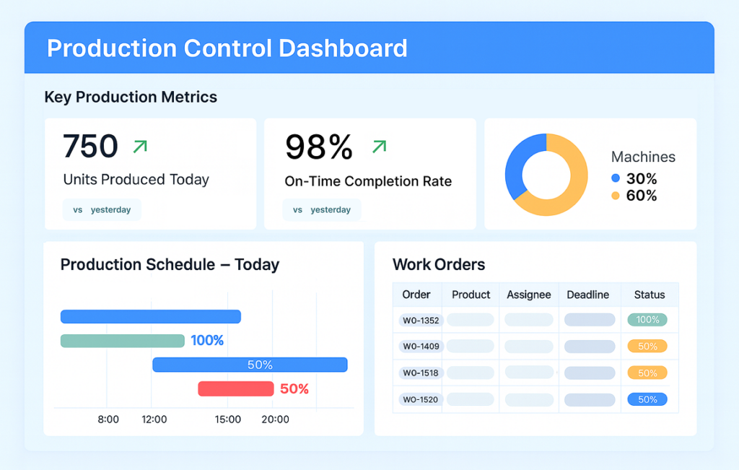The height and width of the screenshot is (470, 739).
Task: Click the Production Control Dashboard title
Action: click(x=227, y=48)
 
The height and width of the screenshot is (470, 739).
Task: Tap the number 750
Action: click(x=90, y=147)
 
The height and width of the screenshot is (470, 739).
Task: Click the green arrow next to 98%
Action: click(x=379, y=147)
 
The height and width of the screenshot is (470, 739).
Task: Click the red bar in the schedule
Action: click(x=236, y=389)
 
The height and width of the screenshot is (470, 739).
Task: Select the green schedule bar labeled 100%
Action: click(x=122, y=341)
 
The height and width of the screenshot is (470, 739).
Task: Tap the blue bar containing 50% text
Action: click(x=250, y=365)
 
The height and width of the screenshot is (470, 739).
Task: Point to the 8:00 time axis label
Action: click(x=108, y=419)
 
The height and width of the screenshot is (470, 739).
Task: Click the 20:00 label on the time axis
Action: click(x=274, y=419)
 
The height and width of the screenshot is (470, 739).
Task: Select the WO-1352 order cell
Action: click(x=421, y=320)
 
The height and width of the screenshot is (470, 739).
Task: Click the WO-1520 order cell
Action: click(x=421, y=399)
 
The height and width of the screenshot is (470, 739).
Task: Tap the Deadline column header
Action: click(x=587, y=295)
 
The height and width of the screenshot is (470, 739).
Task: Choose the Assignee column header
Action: click(x=528, y=295)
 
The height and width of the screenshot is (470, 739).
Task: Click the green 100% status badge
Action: click(x=647, y=320)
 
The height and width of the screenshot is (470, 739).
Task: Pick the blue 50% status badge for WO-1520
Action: click(x=647, y=399)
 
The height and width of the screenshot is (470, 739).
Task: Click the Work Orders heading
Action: click(x=438, y=264)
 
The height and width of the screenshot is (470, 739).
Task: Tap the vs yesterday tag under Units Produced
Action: click(x=102, y=210)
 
